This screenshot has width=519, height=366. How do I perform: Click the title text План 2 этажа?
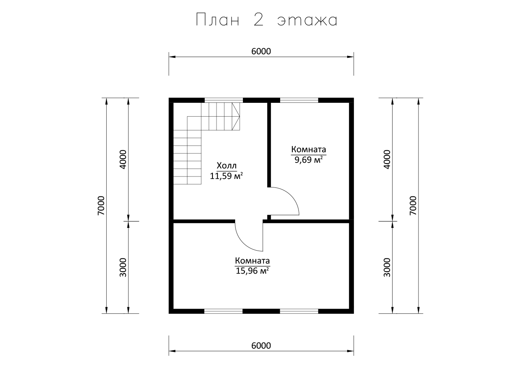pyautogui.click(x=266, y=20)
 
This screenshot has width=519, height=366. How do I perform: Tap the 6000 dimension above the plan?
pyautogui.click(x=261, y=51)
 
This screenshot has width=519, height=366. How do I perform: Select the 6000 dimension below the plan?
pyautogui.click(x=261, y=346)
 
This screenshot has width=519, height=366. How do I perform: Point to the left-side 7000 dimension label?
pyautogui.click(x=101, y=206)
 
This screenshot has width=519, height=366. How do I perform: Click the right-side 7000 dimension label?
pyautogui.click(x=413, y=206)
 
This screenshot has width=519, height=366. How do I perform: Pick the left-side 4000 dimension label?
pyautogui.click(x=123, y=160)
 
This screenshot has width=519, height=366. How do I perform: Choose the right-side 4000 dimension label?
pyautogui.click(x=387, y=160)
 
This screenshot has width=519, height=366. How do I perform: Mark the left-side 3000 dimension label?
pyautogui.click(x=123, y=268)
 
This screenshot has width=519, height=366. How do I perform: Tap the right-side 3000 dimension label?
pyautogui.click(x=387, y=268)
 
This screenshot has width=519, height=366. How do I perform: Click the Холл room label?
pyautogui.click(x=227, y=166)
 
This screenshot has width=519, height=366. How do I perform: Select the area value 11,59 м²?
pyautogui.click(x=226, y=176)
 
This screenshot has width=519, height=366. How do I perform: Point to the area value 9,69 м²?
pyautogui.click(x=309, y=160)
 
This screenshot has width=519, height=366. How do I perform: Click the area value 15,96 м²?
pyautogui.click(x=252, y=271)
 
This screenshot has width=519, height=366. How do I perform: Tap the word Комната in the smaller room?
pyautogui.click(x=309, y=149)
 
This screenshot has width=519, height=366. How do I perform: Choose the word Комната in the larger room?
pyautogui.click(x=252, y=261)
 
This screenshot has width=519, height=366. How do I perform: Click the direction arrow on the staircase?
pyautogui.click(x=236, y=116)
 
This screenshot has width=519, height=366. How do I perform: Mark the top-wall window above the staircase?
pyautogui.click(x=223, y=100)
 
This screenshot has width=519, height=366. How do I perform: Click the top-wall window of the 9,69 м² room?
pyautogui.click(x=299, y=100)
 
